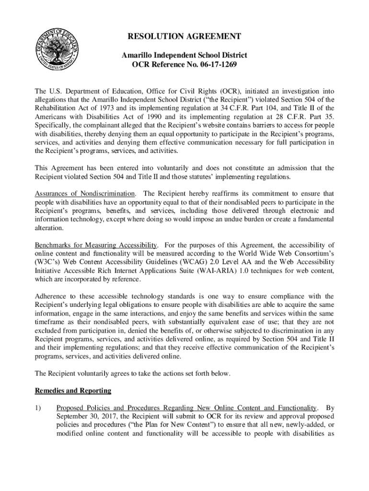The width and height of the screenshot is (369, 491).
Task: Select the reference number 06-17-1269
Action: [214, 64]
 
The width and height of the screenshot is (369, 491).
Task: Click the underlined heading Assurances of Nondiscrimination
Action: [85, 194]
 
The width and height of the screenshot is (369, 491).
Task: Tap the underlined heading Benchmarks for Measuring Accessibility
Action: [96, 245]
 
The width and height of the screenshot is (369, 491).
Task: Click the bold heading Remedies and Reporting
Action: [73, 391]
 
